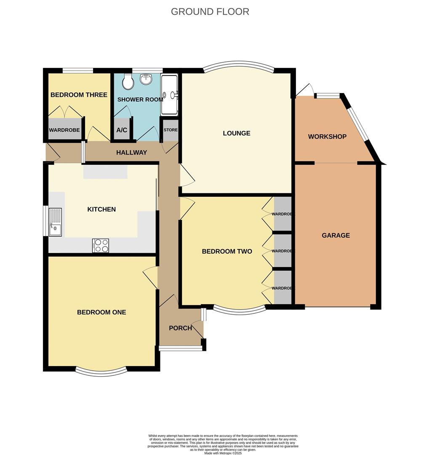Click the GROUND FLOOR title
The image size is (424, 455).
tap(210, 11)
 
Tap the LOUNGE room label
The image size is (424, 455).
tap(237, 133)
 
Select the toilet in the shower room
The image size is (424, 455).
tap(128, 83)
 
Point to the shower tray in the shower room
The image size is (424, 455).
tap(170, 94)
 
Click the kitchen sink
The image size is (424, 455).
tap(55, 222)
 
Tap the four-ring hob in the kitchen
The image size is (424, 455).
tap(101, 246)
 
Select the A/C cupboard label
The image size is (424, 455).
tap(121, 130)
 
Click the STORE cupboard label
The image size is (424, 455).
tap(171, 130)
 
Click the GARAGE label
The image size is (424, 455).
tap(336, 236)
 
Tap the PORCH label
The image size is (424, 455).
tap(180, 328)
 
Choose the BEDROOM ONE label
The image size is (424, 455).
tap(101, 312)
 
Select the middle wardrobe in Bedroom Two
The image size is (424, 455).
tap(283, 251)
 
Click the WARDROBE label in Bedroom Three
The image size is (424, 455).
tap(64, 130)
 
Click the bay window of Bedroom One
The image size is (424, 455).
tap(101, 372)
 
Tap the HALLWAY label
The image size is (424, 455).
tap(132, 153)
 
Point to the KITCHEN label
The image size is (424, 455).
tap(101, 209)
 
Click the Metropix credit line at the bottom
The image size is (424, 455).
tap(223, 453)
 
